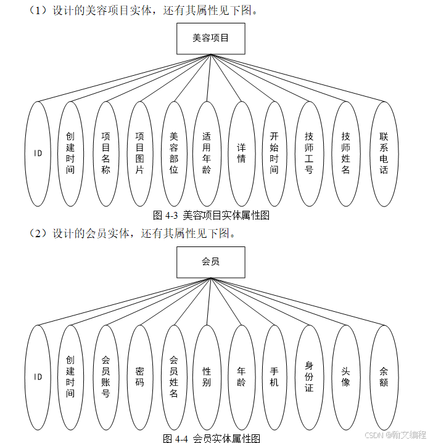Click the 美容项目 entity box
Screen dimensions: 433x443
tap(210, 38)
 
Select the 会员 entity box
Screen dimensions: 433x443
tap(210, 262)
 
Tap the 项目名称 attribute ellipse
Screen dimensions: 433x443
tap(105, 153)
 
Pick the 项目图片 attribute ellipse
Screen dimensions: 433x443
tap(139, 153)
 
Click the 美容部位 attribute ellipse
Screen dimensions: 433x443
tap(174, 153)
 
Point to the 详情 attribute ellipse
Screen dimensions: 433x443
tap(241, 153)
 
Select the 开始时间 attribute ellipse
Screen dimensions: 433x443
tap(274, 153)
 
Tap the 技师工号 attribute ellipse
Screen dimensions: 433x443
tap(309, 153)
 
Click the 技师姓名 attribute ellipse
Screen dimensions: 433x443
tap(345, 153)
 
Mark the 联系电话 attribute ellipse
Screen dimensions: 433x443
tap(384, 153)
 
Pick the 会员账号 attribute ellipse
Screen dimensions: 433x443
tap(105, 377)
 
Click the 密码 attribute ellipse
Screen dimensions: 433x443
tap(139, 377)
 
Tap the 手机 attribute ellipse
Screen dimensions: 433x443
tap(274, 377)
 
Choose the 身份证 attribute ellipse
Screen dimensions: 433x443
tap(309, 377)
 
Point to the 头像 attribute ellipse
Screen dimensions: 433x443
tap(345, 377)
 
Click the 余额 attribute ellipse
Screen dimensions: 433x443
tap(384, 377)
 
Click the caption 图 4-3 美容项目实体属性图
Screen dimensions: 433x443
tap(211, 216)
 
